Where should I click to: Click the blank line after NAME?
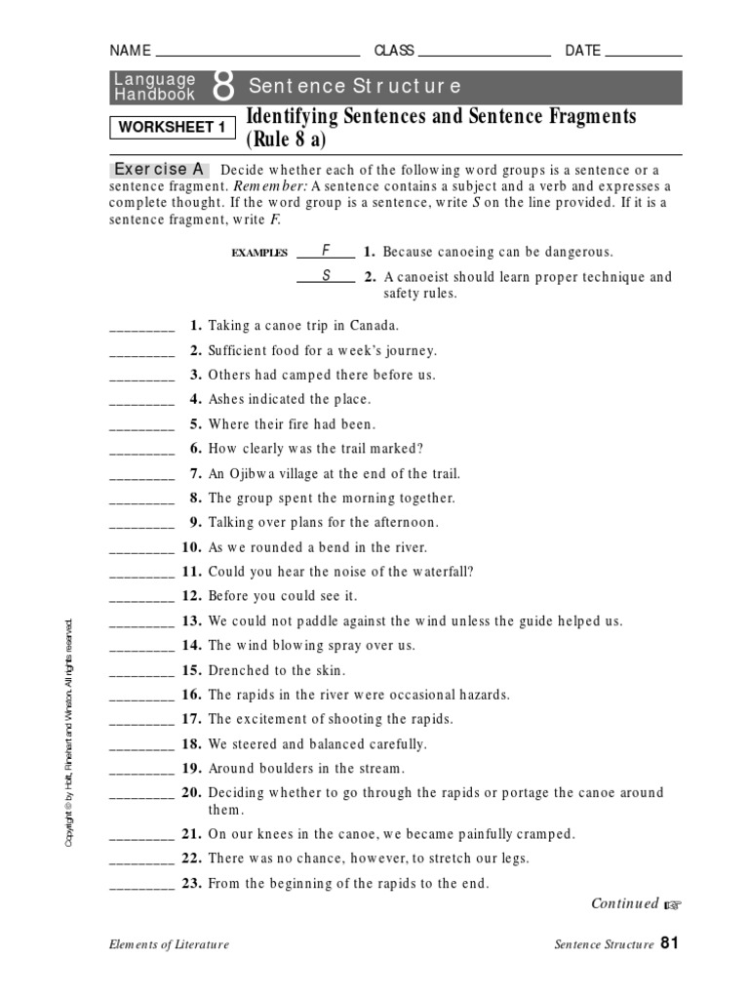pyautogui.click(x=257, y=55)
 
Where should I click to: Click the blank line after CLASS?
pyautogui.click(x=485, y=55)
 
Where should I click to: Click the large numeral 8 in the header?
pyautogui.click(x=222, y=87)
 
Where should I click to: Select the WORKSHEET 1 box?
pyautogui.click(x=172, y=128)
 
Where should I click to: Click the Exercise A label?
pyautogui.click(x=159, y=170)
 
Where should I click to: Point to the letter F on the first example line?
pyautogui.click(x=326, y=251)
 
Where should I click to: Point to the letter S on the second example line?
pyautogui.click(x=326, y=276)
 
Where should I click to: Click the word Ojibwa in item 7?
pyautogui.click(x=255, y=473)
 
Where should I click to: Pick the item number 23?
pyautogui.click(x=191, y=884)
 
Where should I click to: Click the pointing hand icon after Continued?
pyautogui.click(x=672, y=905)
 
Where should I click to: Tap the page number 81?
pyautogui.click(x=669, y=942)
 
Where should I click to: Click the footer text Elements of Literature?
pyautogui.click(x=170, y=944)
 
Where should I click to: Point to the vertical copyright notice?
pyautogui.click(x=69, y=732)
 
